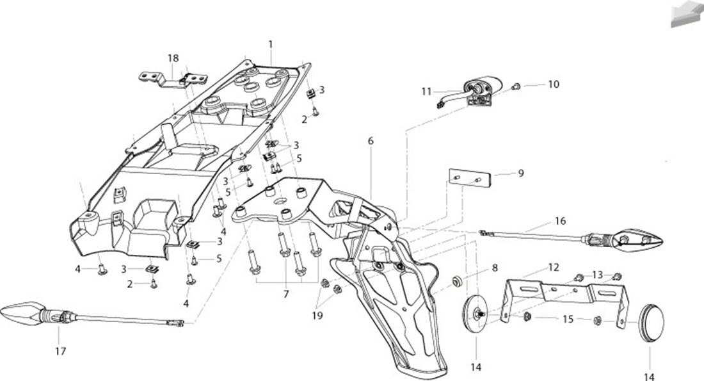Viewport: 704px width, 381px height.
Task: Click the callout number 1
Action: click(x=271, y=44)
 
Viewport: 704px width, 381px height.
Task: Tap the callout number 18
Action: click(x=173, y=58)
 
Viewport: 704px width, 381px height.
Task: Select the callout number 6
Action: click(x=371, y=141)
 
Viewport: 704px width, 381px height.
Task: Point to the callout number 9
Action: click(x=521, y=173)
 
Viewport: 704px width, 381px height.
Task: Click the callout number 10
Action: click(x=554, y=84)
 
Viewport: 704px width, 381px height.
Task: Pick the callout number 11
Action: click(x=426, y=92)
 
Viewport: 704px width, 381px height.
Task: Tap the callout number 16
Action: click(x=561, y=221)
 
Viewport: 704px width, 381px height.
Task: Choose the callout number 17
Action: click(x=61, y=352)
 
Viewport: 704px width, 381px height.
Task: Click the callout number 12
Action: click(x=554, y=267)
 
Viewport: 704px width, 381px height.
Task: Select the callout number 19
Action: click(x=317, y=316)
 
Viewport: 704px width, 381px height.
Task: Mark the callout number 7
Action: click(x=285, y=295)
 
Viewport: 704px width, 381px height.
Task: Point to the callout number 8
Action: click(x=495, y=268)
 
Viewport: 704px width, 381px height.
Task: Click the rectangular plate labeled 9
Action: click(x=470, y=178)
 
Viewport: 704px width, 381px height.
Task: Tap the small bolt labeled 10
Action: click(x=516, y=86)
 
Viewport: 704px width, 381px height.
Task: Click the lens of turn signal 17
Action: click(x=22, y=312)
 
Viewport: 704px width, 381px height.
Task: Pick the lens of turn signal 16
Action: click(x=639, y=239)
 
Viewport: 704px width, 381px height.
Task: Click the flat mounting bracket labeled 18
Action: click(x=172, y=81)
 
